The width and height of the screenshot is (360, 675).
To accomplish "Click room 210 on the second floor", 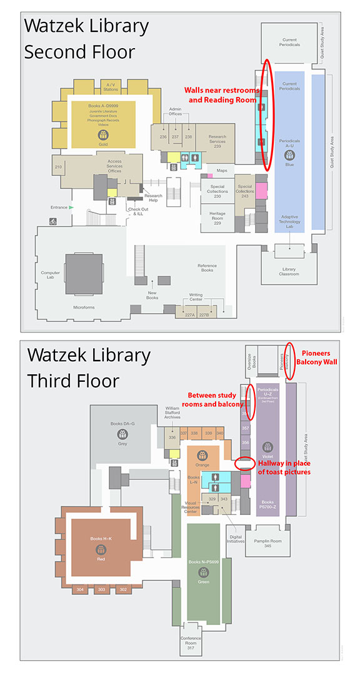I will [x=58, y=167].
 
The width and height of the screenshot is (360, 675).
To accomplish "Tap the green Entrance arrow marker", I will [x=71, y=207].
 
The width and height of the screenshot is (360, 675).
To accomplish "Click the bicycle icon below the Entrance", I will [x=52, y=220].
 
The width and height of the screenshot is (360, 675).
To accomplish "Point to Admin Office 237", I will [x=175, y=136].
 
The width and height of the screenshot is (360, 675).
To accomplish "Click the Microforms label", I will [x=83, y=307].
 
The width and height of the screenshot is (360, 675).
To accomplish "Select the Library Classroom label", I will [x=289, y=271].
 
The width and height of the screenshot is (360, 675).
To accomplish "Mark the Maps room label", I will [x=221, y=170].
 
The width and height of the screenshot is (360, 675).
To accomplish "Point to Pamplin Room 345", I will [x=267, y=543].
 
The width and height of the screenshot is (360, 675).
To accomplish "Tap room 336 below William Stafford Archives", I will [x=172, y=437].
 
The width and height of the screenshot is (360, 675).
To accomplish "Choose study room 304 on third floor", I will [x=79, y=589].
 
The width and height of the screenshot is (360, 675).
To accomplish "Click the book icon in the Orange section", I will [x=202, y=455].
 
